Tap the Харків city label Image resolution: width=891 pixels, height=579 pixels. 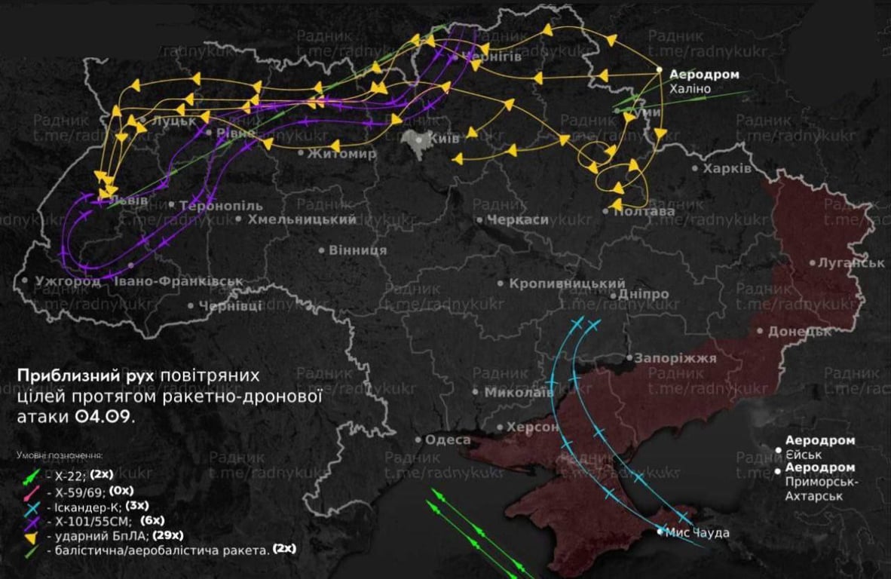727,168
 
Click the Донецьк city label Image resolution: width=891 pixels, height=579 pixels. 799,331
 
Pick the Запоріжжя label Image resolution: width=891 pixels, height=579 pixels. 675,359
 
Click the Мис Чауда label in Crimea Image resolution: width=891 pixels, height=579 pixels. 697,533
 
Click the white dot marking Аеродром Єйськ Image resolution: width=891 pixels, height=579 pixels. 779,450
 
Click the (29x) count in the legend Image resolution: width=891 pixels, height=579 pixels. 167,535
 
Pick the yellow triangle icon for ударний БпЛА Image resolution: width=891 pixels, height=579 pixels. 31,536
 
